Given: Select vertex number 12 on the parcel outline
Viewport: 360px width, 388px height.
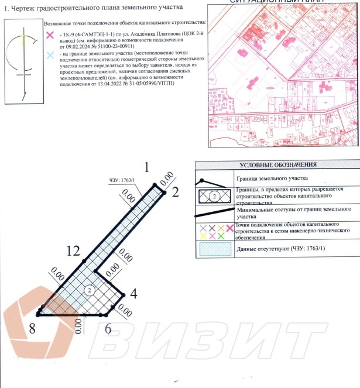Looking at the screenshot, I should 73,251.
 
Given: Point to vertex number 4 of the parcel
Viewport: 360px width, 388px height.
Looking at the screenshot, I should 133,293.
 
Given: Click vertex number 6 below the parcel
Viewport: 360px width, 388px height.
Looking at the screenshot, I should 108,328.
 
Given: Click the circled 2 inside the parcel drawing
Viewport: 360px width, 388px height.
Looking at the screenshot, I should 89,289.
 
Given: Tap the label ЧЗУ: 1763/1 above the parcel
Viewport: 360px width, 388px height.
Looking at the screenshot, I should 122,180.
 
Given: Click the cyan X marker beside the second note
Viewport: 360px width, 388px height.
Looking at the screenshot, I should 50,53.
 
